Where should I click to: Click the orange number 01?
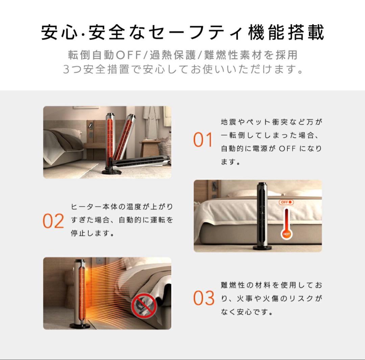[x=203, y=140]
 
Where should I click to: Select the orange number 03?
[x=204, y=298]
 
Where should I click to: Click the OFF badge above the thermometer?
[x=286, y=202]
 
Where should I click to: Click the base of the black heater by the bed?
[x=262, y=248]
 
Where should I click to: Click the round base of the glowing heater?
[x=80, y=325]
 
